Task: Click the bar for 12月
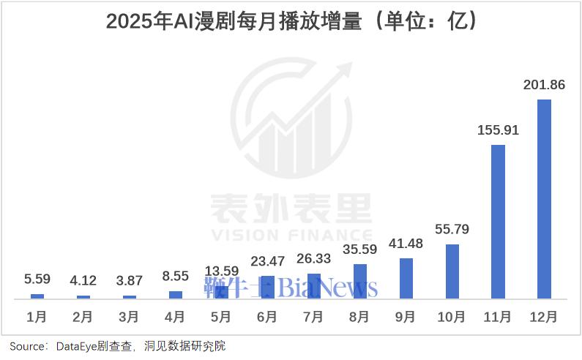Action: pos(544,199)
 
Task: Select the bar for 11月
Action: pos(498,222)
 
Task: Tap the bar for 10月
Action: pos(452,271)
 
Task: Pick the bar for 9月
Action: pos(406,278)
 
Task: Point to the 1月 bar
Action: pos(37,296)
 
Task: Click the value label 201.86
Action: pos(544,85)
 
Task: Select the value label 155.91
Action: pos(498,130)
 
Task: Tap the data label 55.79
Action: pos(452,230)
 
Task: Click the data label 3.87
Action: pos(129,281)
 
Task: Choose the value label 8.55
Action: pos(176,277)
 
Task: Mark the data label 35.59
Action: pos(359,250)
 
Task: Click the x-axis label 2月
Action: pos(83,318)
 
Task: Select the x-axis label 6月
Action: pos(267,318)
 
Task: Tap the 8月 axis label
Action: pos(359,318)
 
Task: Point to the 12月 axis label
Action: pos(544,318)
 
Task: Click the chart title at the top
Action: pos(291,21)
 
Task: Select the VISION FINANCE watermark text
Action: pos(291,235)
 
